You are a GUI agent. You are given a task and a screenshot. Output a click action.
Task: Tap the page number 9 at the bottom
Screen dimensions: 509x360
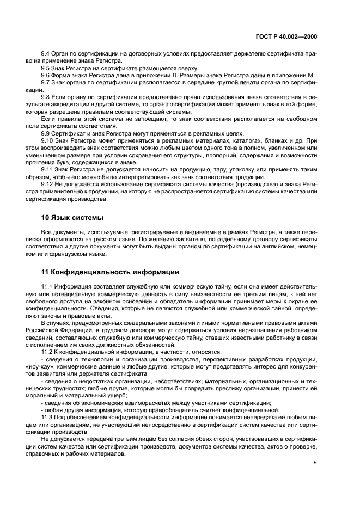pyautogui.click(x=315, y=463)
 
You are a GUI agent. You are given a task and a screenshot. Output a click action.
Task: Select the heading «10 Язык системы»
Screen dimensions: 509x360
pyautogui.click(x=71, y=218)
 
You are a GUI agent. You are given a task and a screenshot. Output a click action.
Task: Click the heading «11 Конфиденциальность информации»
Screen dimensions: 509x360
pyautogui.click(x=109, y=272)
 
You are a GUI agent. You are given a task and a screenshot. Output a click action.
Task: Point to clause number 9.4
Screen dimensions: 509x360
pyautogui.click(x=46, y=54)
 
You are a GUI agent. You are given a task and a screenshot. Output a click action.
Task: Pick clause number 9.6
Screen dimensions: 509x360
pyautogui.click(x=46, y=75)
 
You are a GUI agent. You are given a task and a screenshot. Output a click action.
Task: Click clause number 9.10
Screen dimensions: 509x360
pyautogui.click(x=48, y=139)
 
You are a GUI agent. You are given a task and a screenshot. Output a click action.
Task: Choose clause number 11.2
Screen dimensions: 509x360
pyautogui.click(x=48, y=352)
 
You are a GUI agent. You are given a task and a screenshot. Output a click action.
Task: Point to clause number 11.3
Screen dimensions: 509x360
pyautogui.click(x=48, y=416)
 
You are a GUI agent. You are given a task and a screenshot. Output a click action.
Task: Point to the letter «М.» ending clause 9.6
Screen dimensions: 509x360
pyautogui.click(x=312, y=75)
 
